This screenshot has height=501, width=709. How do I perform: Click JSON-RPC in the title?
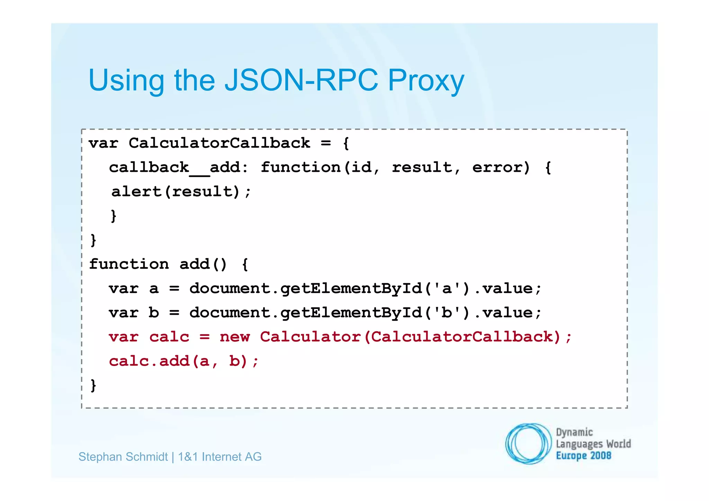[x=301, y=80]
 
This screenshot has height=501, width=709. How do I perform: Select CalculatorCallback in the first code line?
[x=219, y=143]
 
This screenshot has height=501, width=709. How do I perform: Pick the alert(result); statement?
[x=181, y=191]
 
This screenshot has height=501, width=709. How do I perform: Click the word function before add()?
[x=129, y=264]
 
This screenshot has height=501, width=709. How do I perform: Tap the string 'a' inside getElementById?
[x=447, y=288]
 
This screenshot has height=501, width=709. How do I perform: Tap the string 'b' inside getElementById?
[x=447, y=312]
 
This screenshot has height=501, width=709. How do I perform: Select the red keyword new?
[x=234, y=337]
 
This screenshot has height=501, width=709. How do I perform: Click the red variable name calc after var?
[x=169, y=337]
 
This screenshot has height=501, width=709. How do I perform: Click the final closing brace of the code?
[x=93, y=385]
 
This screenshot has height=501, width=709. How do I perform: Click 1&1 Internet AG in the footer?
[x=219, y=457]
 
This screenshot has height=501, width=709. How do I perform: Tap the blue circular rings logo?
[x=528, y=444]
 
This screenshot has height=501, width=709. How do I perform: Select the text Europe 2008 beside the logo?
[x=583, y=455]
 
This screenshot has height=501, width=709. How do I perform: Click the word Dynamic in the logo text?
[x=574, y=432]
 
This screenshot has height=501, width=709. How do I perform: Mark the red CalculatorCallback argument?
[x=462, y=337]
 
